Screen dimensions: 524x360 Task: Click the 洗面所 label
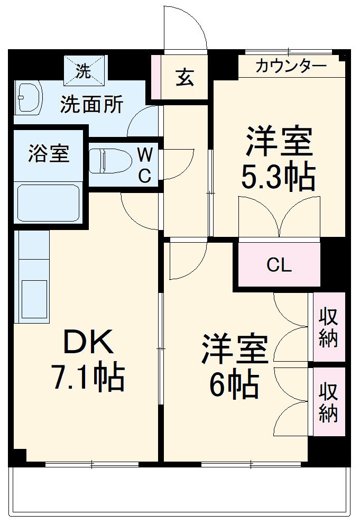91,104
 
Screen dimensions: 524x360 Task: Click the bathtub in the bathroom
48,203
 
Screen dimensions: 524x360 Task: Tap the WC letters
145,166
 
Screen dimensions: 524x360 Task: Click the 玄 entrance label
184,78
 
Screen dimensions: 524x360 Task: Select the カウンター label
290,67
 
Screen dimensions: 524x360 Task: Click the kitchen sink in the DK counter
34,299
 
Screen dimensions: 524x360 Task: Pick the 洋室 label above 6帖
234,350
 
